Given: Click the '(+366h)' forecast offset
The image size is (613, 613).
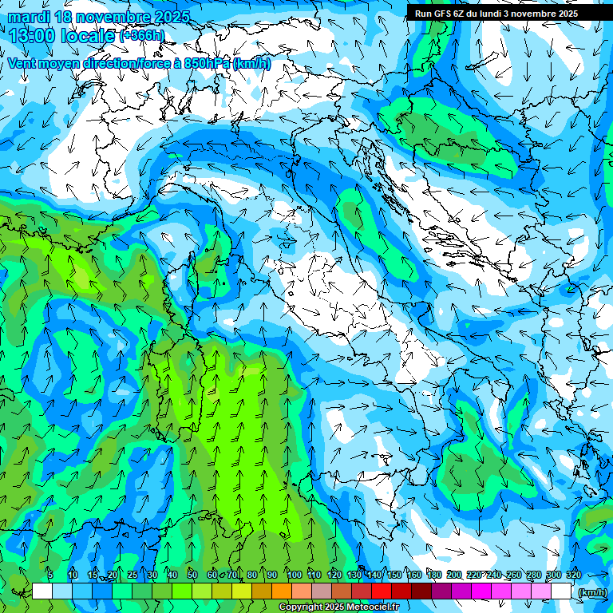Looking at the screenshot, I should (x=142, y=36).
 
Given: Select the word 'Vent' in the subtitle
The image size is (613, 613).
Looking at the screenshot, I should (x=23, y=63).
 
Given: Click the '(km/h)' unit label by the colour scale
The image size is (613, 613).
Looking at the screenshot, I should (x=591, y=591).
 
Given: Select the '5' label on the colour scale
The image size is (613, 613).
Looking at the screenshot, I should (x=50, y=575).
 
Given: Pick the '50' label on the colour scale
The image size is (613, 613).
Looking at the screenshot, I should (x=192, y=575).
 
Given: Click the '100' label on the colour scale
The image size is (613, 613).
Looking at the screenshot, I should (x=295, y=575).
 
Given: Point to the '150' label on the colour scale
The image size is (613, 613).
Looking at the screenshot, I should (x=394, y=575).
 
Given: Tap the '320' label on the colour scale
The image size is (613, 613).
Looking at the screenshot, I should (x=573, y=575).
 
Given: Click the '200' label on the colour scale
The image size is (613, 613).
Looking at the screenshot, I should (x=454, y=575).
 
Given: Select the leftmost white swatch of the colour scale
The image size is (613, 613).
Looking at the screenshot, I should (x=42, y=591).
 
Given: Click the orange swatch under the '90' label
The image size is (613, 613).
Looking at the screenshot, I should (x=282, y=591).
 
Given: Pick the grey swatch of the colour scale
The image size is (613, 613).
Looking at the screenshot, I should (x=322, y=591).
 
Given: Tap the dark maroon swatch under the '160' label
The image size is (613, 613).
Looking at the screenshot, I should (x=421, y=591).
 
